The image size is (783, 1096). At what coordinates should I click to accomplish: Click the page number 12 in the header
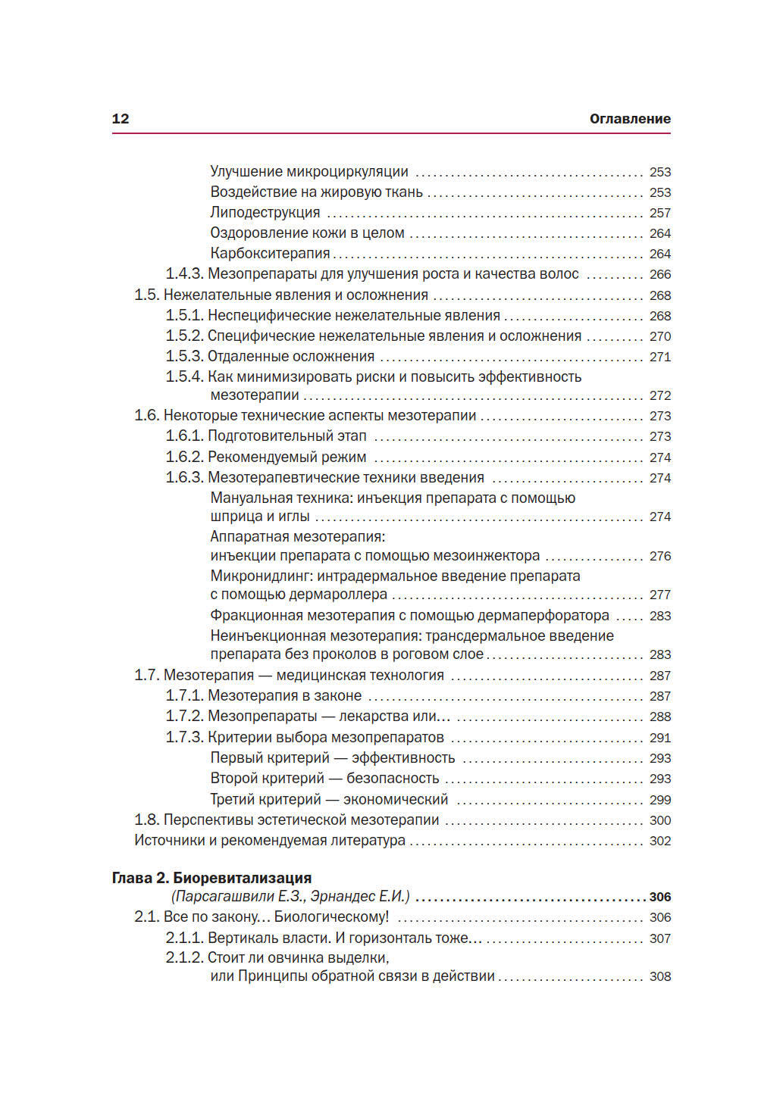click(121, 119)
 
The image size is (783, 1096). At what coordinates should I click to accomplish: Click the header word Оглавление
click(630, 119)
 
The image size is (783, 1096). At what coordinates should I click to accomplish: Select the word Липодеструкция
click(265, 213)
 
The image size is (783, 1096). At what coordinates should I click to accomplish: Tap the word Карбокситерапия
click(270, 254)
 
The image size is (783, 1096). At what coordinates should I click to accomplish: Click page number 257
click(659, 214)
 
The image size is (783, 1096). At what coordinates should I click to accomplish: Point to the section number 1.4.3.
click(184, 274)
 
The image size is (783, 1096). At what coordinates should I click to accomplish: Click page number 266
click(659, 275)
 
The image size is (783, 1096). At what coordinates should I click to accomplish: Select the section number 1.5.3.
click(184, 357)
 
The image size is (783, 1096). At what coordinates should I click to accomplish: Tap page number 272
click(659, 396)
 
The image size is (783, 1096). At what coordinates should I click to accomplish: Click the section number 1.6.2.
click(184, 457)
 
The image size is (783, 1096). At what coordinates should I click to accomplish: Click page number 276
click(659, 557)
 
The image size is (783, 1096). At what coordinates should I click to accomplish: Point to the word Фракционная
click(254, 616)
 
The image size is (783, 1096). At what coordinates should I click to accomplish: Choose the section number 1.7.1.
click(184, 696)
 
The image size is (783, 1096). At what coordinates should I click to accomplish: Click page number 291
click(659, 738)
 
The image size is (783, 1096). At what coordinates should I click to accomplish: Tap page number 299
click(659, 800)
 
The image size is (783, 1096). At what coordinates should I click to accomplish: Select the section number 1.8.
click(146, 820)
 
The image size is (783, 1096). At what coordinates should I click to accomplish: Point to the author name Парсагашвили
click(213, 897)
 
